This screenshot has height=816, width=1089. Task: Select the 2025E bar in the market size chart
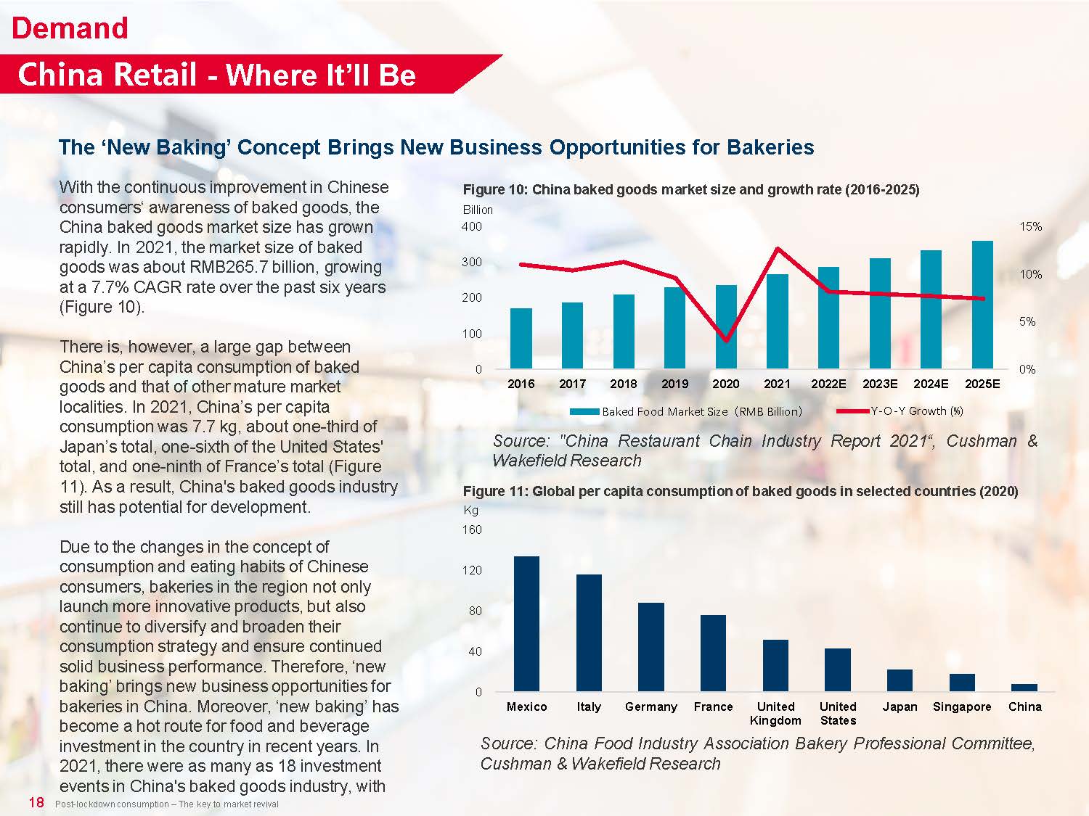(982, 305)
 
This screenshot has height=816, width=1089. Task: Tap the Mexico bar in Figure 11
(526, 624)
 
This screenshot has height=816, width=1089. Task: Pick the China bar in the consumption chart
(1024, 687)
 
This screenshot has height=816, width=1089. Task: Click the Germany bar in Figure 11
(651, 646)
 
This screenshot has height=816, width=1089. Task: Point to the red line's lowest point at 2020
(726, 339)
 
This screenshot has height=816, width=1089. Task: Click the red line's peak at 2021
(778, 249)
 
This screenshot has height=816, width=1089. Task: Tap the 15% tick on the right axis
(1030, 226)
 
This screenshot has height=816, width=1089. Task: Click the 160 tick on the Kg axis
(472, 529)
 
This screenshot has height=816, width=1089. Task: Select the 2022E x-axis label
(828, 384)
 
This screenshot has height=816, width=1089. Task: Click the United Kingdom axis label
(775, 713)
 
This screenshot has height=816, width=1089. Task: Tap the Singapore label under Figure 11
(962, 706)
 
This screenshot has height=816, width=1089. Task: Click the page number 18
(36, 802)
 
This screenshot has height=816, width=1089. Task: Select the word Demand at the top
(70, 28)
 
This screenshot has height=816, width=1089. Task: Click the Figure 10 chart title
(690, 190)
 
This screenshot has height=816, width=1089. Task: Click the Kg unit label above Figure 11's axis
(470, 510)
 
